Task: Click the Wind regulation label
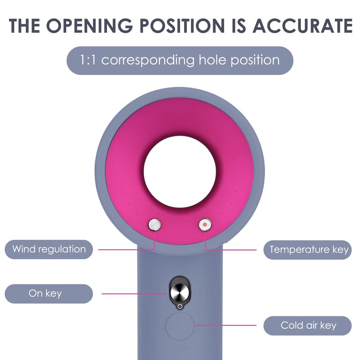click(49, 249)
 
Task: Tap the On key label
click(45, 293)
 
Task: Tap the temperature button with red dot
click(205, 224)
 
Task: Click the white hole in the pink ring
click(180, 171)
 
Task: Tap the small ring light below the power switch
click(180, 306)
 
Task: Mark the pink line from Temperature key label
click(234, 249)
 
